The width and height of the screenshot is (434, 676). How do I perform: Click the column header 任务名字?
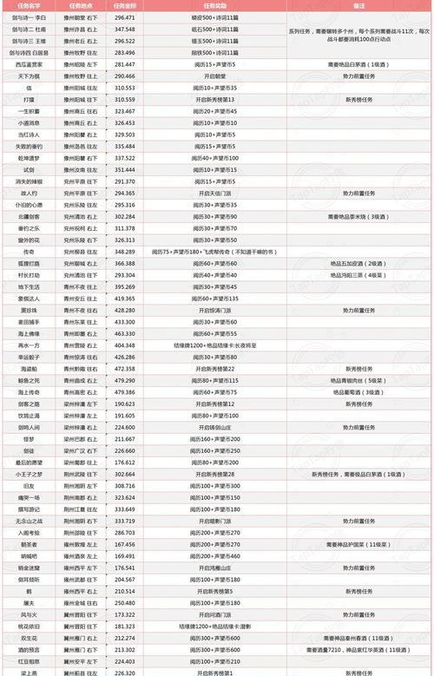click(30, 5)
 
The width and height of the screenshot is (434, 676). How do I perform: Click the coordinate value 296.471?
click(125, 16)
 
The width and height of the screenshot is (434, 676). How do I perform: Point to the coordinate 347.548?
click(125, 29)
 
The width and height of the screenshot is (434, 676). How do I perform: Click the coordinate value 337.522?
click(125, 159)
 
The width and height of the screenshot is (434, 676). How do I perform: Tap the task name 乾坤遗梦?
click(30, 159)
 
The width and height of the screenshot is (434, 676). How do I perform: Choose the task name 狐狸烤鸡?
click(30, 261)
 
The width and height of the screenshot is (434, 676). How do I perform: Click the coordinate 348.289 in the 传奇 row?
click(125, 250)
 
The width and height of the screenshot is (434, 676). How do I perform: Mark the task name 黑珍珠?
click(30, 309)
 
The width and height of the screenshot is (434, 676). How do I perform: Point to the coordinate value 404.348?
click(125, 345)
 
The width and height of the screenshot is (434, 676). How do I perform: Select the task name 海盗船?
click(30, 368)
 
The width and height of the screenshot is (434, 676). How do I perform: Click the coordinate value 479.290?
click(125, 380)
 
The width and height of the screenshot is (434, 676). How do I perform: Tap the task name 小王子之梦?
click(30, 474)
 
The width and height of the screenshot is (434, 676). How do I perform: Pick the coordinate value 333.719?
click(125, 521)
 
